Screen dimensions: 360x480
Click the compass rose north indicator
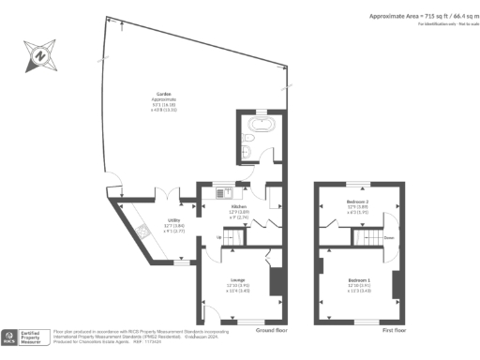tap(38, 55)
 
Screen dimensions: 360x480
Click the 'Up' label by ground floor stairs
tap(218, 237)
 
